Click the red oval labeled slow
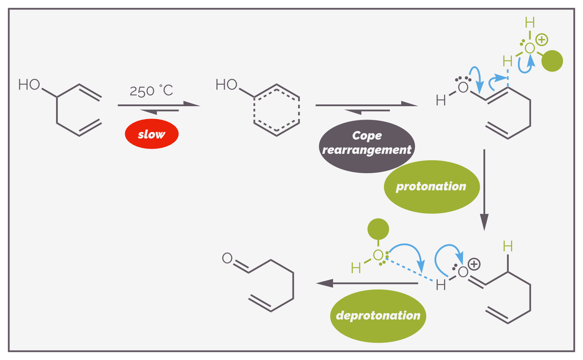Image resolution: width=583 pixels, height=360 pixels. pos(151,134)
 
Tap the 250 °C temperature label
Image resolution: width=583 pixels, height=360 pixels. pos(151,91)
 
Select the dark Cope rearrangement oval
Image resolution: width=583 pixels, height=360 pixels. pos(367,146)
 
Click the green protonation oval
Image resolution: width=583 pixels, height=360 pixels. pos(432,187)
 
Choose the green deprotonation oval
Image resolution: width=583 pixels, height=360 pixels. pos(378,316)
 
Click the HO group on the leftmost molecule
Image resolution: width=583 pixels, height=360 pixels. pos(29,85)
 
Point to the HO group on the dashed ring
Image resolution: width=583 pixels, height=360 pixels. pos(227,85)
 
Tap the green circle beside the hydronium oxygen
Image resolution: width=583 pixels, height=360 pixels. pos(552,61)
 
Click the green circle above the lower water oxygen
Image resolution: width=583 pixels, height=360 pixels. pos(378,229)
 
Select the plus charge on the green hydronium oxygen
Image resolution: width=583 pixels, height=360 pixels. pos(542,40)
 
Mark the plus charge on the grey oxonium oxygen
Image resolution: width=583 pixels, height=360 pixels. pos(474,264)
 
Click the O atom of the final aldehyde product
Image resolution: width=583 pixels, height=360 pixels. pos(227,258)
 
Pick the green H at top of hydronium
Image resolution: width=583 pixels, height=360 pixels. pos(530,23)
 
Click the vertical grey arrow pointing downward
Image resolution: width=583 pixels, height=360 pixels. pos(484,190)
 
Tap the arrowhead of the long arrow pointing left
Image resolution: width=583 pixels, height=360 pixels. pos(324,283)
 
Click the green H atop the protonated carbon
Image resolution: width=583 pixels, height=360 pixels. pos(508,246)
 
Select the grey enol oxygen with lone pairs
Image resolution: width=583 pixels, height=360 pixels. pos(463,87)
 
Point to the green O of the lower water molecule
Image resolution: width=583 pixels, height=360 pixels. pos(378,255)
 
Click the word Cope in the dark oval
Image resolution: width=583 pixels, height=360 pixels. pos(367,136)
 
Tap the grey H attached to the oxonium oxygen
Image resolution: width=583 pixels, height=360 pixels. pos(441,285)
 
